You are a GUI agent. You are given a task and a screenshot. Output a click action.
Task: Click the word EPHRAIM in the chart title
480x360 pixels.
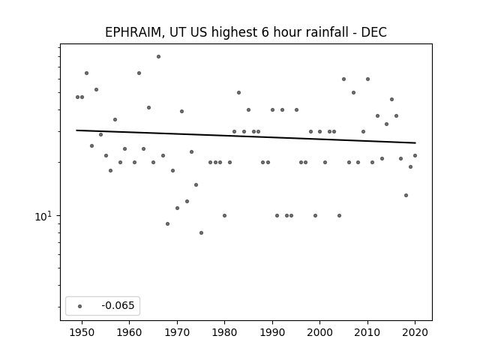pyautogui.click(x=133, y=32)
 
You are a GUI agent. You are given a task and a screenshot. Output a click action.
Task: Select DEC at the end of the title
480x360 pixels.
pyautogui.click(x=374, y=32)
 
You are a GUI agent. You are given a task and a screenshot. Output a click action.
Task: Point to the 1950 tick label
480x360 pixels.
pyautogui.click(x=82, y=333)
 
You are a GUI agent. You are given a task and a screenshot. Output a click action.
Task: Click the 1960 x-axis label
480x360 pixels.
pyautogui.click(x=130, y=333)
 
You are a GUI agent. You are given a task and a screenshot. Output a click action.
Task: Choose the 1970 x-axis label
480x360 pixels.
pyautogui.click(x=177, y=333)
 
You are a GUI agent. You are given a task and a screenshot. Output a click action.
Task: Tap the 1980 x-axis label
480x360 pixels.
pyautogui.click(x=225, y=333)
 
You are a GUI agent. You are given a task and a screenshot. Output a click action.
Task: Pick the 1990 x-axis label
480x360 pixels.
pyautogui.click(x=272, y=333)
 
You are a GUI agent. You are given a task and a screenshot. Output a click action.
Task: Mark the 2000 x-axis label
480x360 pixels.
pyautogui.click(x=320, y=333)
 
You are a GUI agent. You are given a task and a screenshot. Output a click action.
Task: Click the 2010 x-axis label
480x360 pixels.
pyautogui.click(x=367, y=333)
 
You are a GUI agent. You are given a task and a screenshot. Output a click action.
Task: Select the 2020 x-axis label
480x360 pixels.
pyautogui.click(x=415, y=333)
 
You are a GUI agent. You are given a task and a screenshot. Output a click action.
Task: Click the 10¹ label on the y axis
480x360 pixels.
pyautogui.click(x=43, y=216)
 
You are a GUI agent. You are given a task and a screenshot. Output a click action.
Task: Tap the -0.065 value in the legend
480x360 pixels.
pyautogui.click(x=118, y=305)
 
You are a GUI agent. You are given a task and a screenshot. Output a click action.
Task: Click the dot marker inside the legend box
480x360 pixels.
pyautogui.click(x=80, y=306)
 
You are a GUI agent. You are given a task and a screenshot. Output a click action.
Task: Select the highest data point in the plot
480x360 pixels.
pyautogui.click(x=158, y=57)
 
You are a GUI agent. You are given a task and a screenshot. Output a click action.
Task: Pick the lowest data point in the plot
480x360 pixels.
pyautogui.click(x=201, y=233)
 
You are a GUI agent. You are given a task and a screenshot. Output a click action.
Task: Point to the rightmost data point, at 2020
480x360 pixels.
pyautogui.click(x=415, y=155)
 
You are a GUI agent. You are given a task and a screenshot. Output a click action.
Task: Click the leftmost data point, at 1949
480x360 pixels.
pyautogui.click(x=77, y=97)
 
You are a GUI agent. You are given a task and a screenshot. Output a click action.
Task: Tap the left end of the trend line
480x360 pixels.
pyautogui.click(x=76, y=130)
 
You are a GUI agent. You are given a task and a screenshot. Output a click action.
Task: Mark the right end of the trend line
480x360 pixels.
pyautogui.click(x=415, y=143)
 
